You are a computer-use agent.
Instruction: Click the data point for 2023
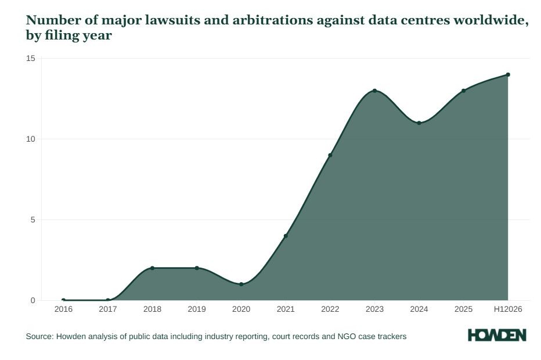(375, 91)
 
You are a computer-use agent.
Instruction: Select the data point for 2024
(419, 123)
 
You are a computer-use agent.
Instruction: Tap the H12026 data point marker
(508, 74)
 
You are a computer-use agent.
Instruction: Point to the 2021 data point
(286, 236)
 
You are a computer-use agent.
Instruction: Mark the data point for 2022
(330, 155)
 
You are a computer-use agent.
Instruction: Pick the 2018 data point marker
(152, 268)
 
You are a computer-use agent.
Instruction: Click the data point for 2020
(241, 284)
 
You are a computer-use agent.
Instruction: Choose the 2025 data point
(463, 91)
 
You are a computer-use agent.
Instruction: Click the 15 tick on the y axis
(31, 58)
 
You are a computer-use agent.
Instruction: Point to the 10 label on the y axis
(31, 139)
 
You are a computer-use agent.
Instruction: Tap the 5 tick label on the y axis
(33, 220)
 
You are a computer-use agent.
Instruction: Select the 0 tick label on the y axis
(33, 301)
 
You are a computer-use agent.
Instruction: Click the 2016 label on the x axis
(63, 309)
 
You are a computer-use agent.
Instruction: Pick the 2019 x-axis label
(197, 309)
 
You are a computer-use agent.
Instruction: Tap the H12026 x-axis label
(508, 309)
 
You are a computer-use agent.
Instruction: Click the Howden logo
(497, 335)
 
